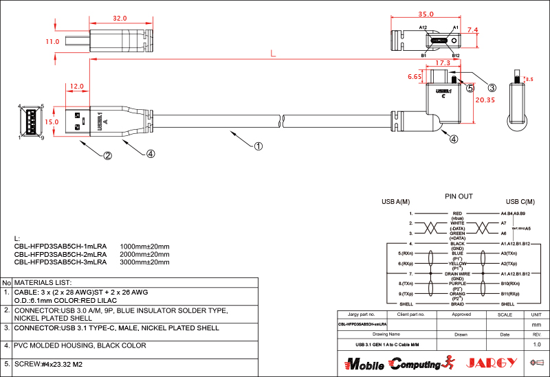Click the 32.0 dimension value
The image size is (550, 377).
[x=119, y=19]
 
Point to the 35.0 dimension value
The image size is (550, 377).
[x=426, y=14]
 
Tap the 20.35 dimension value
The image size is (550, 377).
[x=485, y=100]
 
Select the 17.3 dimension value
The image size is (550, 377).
[x=443, y=63]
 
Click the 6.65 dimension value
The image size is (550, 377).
[x=415, y=78]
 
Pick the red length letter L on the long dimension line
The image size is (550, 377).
[x=273, y=53]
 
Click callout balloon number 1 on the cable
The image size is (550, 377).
[x=258, y=146]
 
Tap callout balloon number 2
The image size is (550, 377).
[x=108, y=155]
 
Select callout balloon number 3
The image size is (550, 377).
[x=492, y=87]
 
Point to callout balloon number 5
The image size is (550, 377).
[x=470, y=88]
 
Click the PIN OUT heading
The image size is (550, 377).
[x=459, y=196]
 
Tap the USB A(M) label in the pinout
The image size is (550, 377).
[x=396, y=202]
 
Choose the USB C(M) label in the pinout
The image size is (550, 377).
[x=520, y=202]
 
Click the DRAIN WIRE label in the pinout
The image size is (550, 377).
[x=457, y=273]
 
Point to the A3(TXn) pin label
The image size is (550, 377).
[x=509, y=253]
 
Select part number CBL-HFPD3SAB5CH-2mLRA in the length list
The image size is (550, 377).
[x=60, y=254]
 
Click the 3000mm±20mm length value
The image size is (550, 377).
[x=144, y=262]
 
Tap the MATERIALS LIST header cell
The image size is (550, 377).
[x=43, y=282]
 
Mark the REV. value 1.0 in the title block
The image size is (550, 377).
[x=536, y=343]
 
